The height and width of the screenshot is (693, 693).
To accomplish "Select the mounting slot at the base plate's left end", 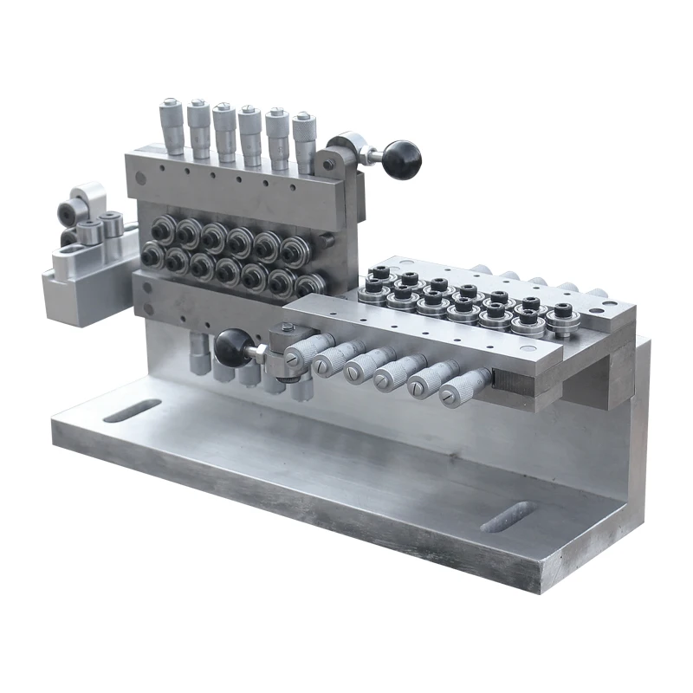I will tap(132, 410).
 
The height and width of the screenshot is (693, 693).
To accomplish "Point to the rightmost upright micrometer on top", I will tap(304, 139).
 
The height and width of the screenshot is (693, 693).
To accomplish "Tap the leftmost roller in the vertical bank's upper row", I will tap(162, 229).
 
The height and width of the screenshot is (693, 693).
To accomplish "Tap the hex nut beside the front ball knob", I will tap(261, 351).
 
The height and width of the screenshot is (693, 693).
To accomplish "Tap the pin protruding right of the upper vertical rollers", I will tap(327, 238).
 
